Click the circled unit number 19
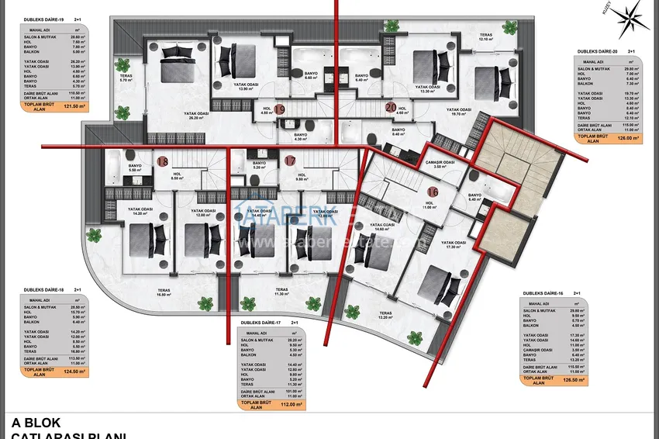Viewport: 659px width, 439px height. pyautogui.click(x=280, y=110)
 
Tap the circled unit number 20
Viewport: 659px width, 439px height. pyautogui.click(x=390, y=108)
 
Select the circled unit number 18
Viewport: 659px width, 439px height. pyautogui.click(x=163, y=162)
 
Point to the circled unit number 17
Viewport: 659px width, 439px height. pyautogui.click(x=290, y=161)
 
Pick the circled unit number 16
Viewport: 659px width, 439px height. pyautogui.click(x=433, y=192)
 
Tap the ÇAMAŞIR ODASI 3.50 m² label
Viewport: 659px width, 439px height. pyautogui.click(x=439, y=164)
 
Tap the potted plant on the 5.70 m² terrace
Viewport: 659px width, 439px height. pyautogui.click(x=122, y=66)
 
